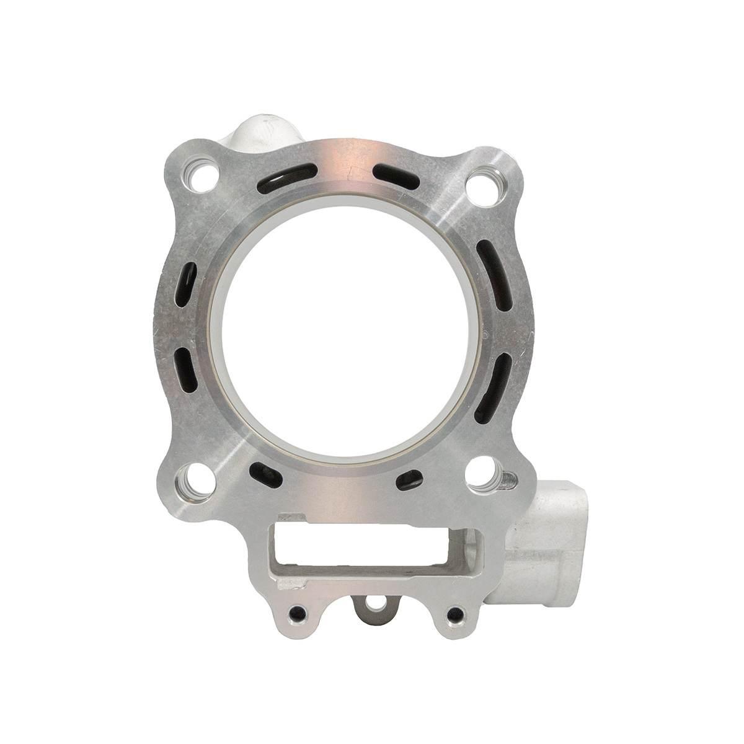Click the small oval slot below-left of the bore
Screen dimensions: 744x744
pos(265,474)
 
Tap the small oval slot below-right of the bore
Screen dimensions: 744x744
pos(409,477)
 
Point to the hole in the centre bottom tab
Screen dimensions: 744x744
pos(373,604)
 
